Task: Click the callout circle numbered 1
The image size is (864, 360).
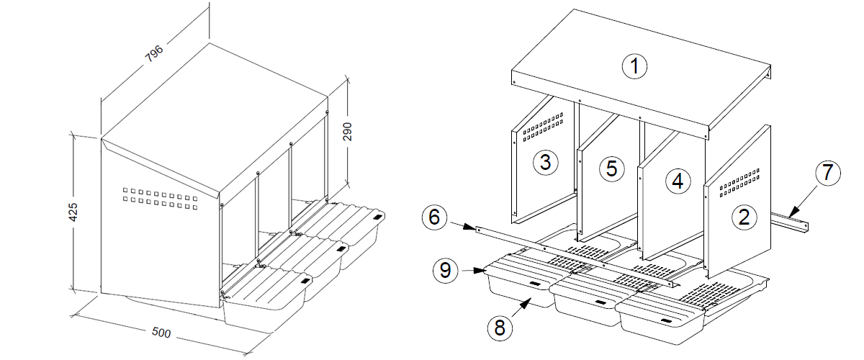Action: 634,67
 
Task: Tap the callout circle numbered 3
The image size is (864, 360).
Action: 545,162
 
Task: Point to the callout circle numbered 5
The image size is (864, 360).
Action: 611,168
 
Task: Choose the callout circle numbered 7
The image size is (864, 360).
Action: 827,173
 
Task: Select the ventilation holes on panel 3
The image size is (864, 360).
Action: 543,125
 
